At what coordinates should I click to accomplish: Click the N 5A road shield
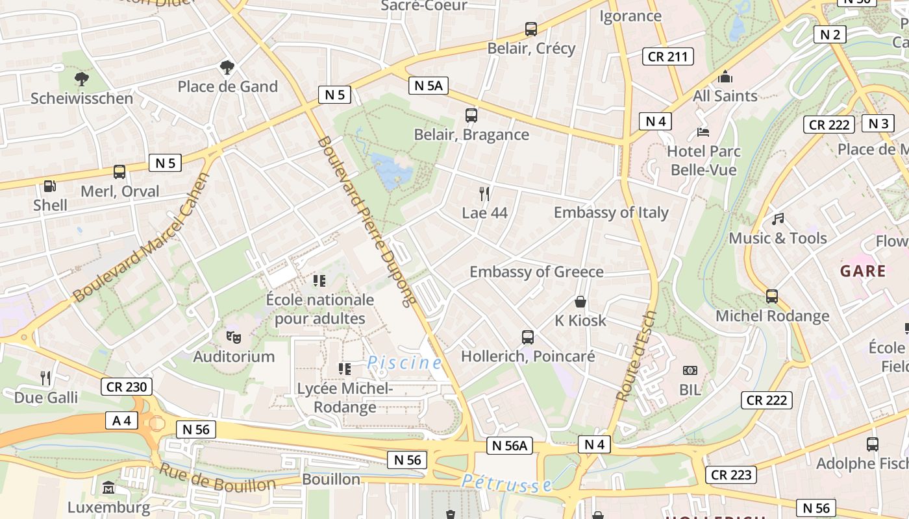[429, 85]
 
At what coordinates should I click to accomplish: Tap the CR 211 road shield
[667, 56]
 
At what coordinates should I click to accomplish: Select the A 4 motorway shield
[121, 420]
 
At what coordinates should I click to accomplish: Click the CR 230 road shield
[127, 387]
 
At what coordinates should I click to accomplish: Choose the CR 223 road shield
[731, 475]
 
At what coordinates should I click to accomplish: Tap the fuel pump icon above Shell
[50, 186]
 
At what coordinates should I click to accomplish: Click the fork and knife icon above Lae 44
[484, 193]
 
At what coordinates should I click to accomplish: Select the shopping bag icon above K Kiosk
[580, 302]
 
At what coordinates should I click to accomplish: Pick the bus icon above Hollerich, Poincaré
[528, 337]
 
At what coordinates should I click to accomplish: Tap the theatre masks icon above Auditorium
[233, 337]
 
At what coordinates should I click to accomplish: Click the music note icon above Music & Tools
[778, 219]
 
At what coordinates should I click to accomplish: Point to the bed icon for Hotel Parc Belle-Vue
[703, 132]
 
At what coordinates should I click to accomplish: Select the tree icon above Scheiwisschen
[82, 79]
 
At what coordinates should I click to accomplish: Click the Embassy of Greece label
[536, 272]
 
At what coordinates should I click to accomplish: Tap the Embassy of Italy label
[610, 213]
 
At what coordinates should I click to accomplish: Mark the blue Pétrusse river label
[507, 483]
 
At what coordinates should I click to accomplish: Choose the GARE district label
[863, 271]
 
